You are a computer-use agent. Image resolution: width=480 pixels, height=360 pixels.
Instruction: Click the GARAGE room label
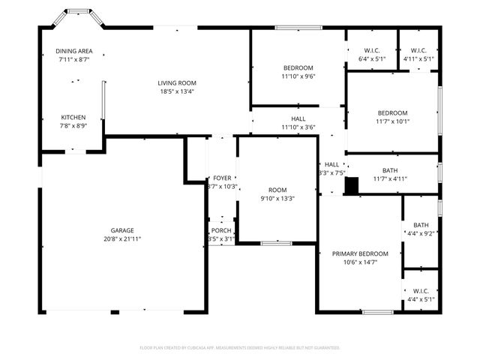point(122,230)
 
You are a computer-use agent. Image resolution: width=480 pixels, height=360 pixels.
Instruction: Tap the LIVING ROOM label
point(176,82)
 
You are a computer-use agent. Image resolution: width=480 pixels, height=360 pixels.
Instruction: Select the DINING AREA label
point(73,51)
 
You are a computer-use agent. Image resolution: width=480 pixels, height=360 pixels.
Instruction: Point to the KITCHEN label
point(73,117)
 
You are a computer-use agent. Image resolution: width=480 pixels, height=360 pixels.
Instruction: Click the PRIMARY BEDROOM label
point(360,254)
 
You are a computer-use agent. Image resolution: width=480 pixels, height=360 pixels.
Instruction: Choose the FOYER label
point(222,178)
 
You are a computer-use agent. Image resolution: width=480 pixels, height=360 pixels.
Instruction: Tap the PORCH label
point(221,230)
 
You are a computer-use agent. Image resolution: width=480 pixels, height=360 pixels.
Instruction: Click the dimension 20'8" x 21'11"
point(122,238)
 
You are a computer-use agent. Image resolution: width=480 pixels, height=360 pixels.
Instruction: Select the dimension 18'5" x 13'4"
point(176,91)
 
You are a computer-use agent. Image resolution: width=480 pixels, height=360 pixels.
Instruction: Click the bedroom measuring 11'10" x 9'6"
point(298,71)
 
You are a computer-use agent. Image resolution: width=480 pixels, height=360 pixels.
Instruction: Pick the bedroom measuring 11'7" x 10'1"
point(392,117)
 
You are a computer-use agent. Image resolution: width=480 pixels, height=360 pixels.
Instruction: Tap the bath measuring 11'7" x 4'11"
point(390,174)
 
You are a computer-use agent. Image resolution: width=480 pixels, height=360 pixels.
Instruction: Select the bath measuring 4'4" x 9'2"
point(420,229)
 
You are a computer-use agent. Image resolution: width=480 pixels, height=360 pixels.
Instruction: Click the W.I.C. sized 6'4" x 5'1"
point(371,54)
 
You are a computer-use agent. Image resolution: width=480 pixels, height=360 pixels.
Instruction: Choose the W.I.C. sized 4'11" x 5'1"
point(418,54)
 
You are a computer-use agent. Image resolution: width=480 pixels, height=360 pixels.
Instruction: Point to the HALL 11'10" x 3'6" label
point(298,123)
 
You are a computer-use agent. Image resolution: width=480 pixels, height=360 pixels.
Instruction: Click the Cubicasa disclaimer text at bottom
point(240,348)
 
